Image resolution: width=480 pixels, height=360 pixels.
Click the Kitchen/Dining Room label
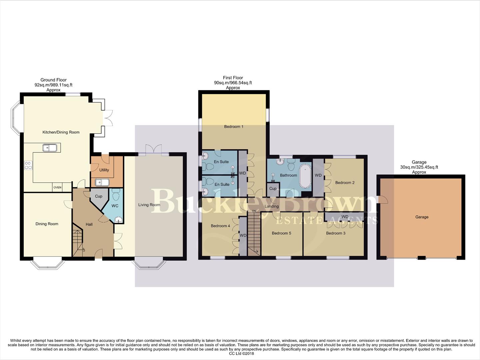tap(61, 132)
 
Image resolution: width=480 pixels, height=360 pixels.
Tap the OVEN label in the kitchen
tap(57, 188)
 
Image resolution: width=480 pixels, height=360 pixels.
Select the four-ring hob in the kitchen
tap(28, 165)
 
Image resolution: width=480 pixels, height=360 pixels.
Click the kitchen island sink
tap(49, 147)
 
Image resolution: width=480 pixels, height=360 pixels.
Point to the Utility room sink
tap(102, 182)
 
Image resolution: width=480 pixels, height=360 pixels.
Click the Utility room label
tap(104, 170)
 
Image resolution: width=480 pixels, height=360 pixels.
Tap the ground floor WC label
tap(115, 206)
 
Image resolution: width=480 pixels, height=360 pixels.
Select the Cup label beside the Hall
tap(99, 196)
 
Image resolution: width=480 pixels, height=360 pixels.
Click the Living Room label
tap(149, 205)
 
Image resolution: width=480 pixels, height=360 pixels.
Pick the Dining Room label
tap(47, 224)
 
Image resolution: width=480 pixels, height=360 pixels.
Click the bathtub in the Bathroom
tap(305, 176)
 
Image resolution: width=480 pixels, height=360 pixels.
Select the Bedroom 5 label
tap(281, 233)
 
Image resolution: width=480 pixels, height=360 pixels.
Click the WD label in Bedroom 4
tap(243, 236)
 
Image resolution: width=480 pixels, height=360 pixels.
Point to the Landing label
tap(271, 206)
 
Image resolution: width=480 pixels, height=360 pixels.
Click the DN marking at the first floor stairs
tap(254, 211)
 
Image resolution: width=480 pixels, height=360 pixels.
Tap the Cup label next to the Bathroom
tap(273, 189)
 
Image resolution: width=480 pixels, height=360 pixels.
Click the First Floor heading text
tap(233, 78)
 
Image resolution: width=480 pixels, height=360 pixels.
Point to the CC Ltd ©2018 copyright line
tap(240, 354)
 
